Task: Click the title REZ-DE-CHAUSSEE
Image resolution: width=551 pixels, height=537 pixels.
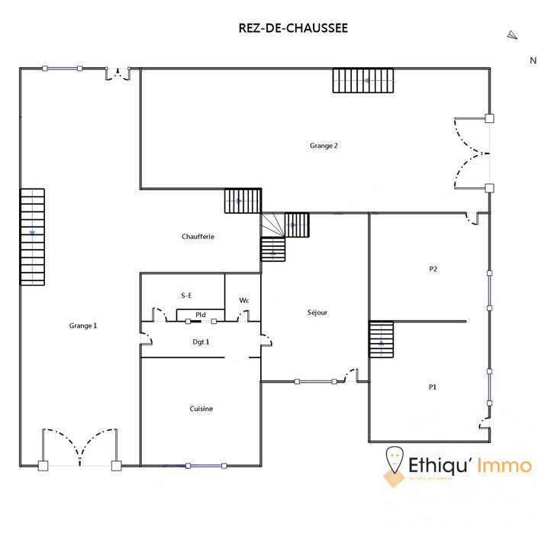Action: (293, 28)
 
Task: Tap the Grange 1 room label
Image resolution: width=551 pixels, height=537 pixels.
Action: (83, 325)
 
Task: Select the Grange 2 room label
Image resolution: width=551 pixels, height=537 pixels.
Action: (324, 145)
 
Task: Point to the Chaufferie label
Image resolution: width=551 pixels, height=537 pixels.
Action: (198, 237)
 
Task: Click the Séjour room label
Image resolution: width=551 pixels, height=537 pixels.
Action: (317, 312)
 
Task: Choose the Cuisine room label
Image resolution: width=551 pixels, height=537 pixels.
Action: (201, 409)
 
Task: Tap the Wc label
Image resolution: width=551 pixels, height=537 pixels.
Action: (244, 300)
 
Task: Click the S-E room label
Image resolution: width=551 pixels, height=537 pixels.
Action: (186, 294)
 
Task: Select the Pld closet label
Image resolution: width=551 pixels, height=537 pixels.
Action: (200, 314)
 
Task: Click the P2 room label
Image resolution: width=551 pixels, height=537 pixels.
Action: (433, 269)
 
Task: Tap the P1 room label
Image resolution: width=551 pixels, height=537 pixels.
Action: (433, 387)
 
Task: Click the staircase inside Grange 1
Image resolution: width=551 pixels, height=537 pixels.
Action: (32, 237)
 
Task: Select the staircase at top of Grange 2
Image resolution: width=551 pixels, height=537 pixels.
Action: (362, 80)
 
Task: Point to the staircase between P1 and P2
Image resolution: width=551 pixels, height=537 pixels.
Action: (381, 339)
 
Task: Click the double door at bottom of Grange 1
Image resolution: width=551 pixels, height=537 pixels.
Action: (80, 448)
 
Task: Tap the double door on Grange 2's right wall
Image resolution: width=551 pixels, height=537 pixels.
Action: (473, 153)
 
